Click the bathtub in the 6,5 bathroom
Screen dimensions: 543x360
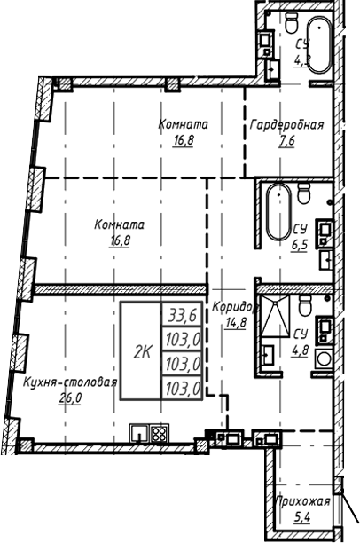point(276,214)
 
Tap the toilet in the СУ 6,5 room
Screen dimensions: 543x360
point(303,193)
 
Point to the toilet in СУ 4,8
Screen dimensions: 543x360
point(304,307)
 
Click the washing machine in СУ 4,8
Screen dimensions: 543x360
point(324,360)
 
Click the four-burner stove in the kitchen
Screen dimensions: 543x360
point(160,435)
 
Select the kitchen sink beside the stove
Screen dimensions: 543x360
point(139,435)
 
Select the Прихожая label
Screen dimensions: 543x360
point(301,501)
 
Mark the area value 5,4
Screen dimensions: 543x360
point(302,515)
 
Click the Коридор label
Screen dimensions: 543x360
point(233,307)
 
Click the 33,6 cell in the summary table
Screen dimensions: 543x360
point(180,312)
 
